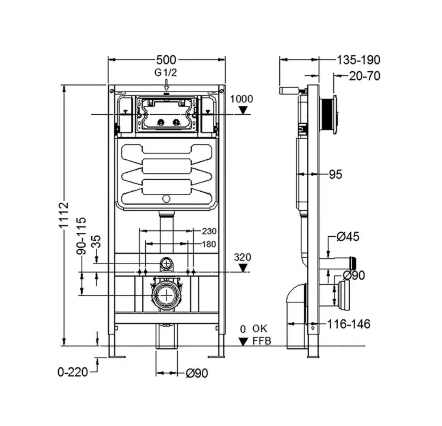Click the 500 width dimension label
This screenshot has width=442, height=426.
pyautogui.click(x=166, y=60)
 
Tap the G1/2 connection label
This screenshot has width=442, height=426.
pyautogui.click(x=165, y=73)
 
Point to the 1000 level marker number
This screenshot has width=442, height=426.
pyautogui.click(x=241, y=99)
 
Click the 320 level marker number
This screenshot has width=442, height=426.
pyautogui.click(x=242, y=257)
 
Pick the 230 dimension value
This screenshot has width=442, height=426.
pyautogui.click(x=209, y=231)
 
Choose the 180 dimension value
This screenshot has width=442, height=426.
pyautogui.click(x=209, y=244)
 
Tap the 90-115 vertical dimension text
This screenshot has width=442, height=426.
pyautogui.click(x=82, y=236)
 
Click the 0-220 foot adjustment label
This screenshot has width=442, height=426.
pyautogui.click(x=73, y=372)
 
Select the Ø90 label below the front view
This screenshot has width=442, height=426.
pyautogui.click(x=197, y=373)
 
